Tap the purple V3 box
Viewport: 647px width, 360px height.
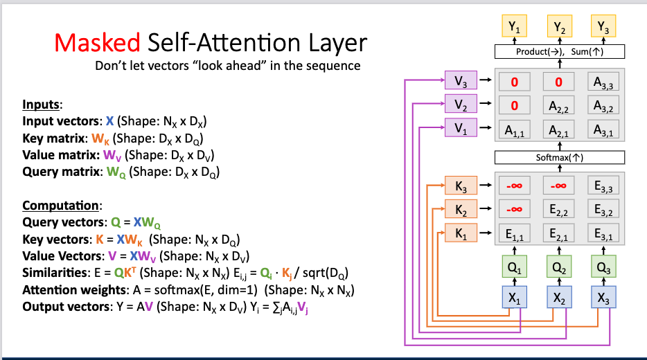pos(461,81)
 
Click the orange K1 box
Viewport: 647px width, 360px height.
pos(461,233)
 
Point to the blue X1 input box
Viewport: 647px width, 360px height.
pos(513,298)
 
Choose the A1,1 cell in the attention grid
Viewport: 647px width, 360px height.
pos(513,129)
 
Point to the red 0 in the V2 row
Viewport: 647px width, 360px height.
pos(513,106)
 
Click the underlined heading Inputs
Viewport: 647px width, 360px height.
pos(42,105)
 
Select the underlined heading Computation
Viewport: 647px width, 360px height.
pos(62,206)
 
